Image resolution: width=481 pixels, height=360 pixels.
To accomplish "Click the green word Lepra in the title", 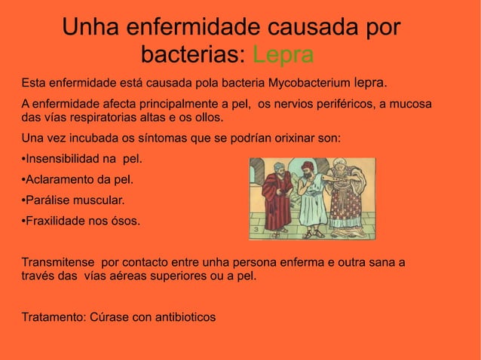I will [283, 55].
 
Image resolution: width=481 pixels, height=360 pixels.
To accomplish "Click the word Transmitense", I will [58, 262].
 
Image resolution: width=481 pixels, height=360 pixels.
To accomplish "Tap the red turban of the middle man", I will [307, 165].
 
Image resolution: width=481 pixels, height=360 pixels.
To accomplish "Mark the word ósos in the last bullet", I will [125, 221].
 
